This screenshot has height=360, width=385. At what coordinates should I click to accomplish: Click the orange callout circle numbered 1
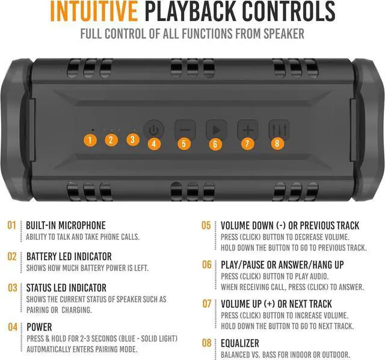coord(90,140)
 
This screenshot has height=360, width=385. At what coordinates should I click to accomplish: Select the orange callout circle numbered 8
coord(277,143)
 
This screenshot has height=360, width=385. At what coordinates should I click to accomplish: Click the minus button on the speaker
coord(185,129)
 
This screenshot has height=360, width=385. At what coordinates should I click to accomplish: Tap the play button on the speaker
coord(216,129)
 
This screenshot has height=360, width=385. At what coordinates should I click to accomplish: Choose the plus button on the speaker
coord(247,129)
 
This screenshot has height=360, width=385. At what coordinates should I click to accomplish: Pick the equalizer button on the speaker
coord(279,129)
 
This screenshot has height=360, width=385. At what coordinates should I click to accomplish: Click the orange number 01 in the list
coord(11,225)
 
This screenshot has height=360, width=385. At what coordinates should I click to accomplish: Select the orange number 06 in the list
coord(206,264)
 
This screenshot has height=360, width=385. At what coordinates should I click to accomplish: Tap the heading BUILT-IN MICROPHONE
coord(66,225)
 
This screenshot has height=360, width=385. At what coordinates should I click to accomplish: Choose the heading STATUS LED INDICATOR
coord(66,288)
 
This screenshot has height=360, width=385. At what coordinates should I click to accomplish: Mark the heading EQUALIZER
coord(240,343)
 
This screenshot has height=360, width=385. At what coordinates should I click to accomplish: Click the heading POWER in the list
coord(39,328)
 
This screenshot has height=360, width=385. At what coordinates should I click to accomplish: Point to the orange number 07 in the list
coord(206,304)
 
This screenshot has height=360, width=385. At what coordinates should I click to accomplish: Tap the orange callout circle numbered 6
coord(215,144)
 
